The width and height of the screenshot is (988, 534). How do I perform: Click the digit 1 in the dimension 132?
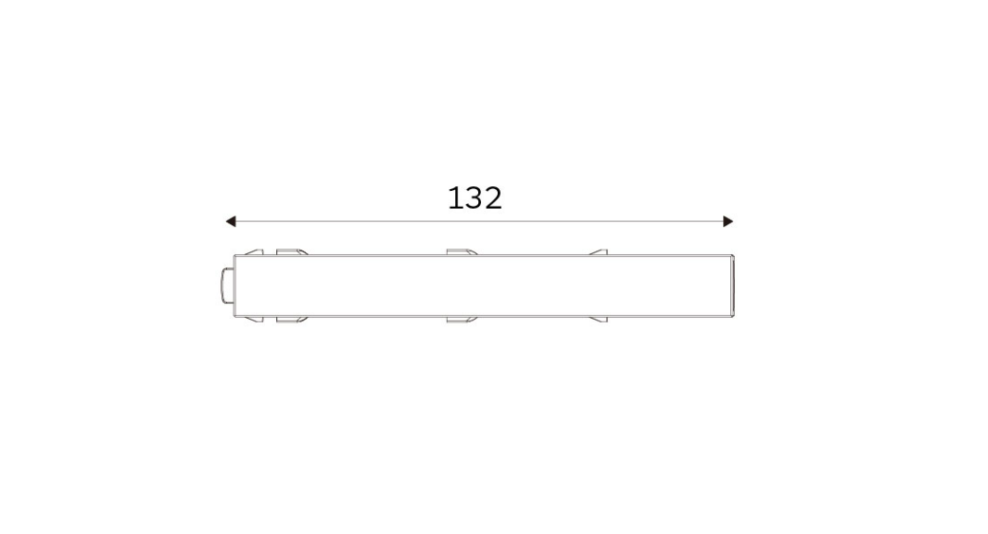pos(453,198)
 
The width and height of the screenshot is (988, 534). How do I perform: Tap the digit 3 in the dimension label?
pos(474,198)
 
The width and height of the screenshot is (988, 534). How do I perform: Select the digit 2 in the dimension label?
pos(493,198)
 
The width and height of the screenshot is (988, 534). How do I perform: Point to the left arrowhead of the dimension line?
pos(231,222)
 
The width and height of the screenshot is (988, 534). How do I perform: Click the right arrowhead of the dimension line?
pos(728,222)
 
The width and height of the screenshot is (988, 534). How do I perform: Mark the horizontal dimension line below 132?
pos(479,222)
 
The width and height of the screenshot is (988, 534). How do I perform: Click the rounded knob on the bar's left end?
pos(227,286)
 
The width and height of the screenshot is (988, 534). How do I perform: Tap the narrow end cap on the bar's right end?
pos(732,286)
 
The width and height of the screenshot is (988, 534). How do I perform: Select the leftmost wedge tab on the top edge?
pos(254,252)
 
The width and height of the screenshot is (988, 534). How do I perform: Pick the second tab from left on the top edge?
pos(292,252)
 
